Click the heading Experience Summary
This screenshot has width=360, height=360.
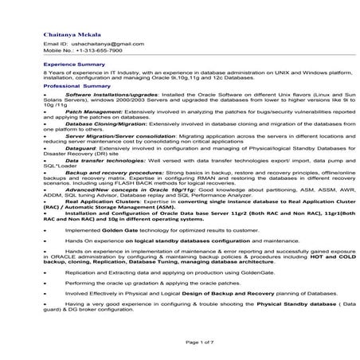tap(74, 63)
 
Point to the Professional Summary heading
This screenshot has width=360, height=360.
tap(76, 84)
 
